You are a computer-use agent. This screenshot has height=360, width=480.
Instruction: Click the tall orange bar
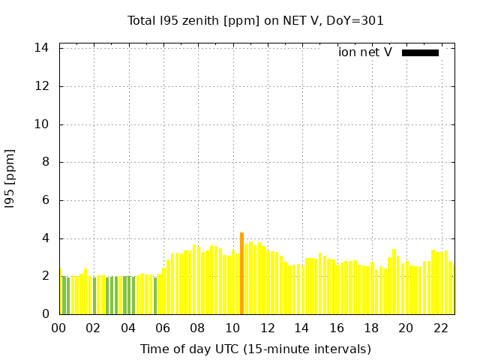241,274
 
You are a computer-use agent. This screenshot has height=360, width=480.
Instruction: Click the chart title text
256,21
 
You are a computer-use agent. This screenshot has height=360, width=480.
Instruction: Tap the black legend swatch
420,52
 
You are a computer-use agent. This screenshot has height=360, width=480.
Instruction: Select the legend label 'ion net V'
365,52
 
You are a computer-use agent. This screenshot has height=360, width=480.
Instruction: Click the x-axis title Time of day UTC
256,349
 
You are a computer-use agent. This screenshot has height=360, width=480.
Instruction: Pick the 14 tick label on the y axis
42,48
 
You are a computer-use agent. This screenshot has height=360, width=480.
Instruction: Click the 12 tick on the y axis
42,86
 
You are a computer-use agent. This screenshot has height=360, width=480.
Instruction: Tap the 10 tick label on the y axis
42,124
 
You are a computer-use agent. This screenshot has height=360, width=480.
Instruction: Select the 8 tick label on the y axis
45,162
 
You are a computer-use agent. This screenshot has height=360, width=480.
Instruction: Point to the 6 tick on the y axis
45,200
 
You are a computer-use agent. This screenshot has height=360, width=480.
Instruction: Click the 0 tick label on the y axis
45,314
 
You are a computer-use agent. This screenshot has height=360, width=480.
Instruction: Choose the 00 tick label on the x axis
58,328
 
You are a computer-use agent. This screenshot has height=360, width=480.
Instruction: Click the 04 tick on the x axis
128,328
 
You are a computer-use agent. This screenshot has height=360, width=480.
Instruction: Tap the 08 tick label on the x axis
197,328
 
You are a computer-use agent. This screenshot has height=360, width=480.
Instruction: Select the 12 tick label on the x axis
267,328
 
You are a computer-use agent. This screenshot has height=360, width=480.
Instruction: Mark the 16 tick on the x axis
337,328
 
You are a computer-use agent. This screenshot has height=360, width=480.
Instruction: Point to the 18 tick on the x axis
371,328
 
